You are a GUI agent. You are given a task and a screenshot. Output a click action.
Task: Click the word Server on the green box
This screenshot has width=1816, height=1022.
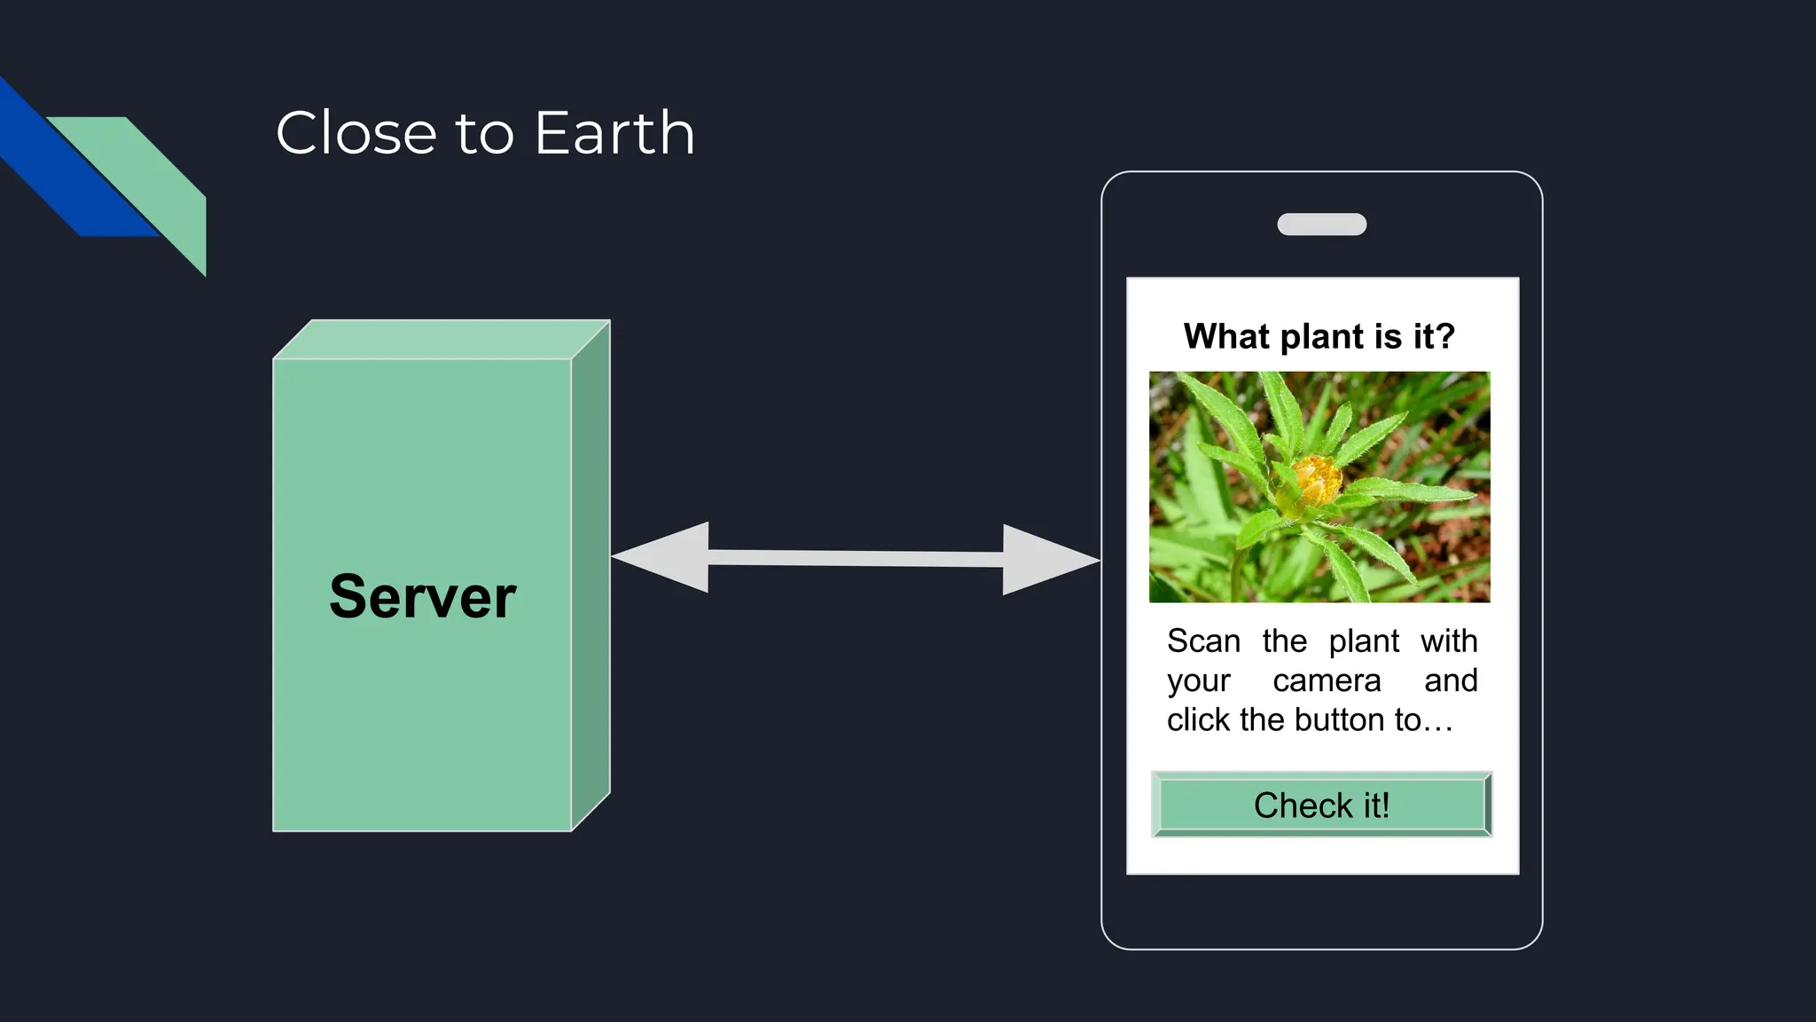pos(422,596)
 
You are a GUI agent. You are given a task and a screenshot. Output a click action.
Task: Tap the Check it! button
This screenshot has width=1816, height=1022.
pos(1321,805)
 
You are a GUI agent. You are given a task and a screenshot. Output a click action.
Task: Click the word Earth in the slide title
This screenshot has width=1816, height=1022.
pos(614,133)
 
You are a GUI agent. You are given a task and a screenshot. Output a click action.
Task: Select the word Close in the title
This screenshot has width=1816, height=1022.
pos(356,133)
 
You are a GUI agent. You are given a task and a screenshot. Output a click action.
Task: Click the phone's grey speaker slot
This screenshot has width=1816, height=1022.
pos(1321,224)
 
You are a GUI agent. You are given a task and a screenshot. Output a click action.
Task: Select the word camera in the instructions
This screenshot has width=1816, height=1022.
pos(1327,680)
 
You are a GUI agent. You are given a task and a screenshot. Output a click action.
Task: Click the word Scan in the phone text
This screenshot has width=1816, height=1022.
pos(1203,641)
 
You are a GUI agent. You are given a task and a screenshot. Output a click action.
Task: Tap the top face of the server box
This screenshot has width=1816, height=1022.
pos(442,339)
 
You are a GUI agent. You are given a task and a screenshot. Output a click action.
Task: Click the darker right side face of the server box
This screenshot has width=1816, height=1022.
pos(591,577)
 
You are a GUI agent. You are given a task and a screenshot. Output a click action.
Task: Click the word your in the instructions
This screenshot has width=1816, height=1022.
pos(1199,680)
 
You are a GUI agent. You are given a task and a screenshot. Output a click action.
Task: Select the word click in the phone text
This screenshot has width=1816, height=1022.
pos(1199,719)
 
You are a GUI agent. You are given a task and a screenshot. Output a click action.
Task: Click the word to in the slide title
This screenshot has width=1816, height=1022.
pos(484,133)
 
